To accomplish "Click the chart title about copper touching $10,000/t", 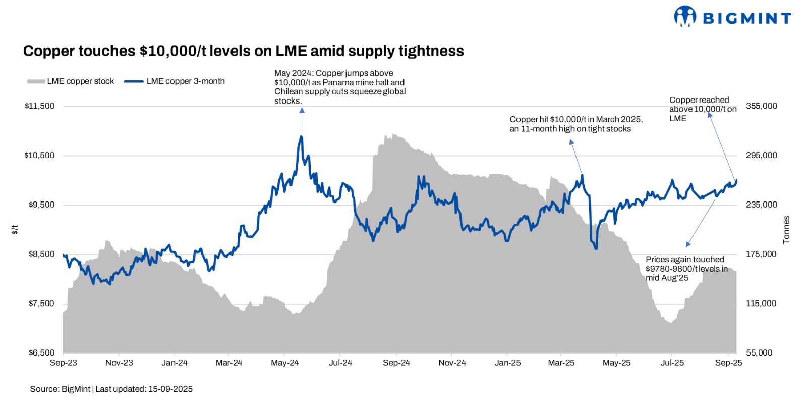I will pyautogui.click(x=243, y=51).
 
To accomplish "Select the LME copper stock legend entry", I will pyautogui.click(x=71, y=81).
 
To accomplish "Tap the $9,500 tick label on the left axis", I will pyautogui.click(x=41, y=205).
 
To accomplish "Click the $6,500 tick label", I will pyautogui.click(x=41, y=353).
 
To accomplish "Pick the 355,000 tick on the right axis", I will pyautogui.click(x=761, y=106).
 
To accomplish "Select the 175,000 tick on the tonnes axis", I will pyautogui.click(x=761, y=254).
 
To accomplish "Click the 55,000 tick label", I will pyautogui.click(x=759, y=353).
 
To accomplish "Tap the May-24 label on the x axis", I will pyautogui.click(x=284, y=363).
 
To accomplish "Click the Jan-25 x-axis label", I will pyautogui.click(x=507, y=363).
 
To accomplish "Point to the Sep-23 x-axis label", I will pyautogui.click(x=64, y=363).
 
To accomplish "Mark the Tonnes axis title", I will pyautogui.click(x=786, y=230).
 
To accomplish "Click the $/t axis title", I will pyautogui.click(x=15, y=230).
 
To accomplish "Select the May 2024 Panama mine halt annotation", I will pyautogui.click(x=339, y=87).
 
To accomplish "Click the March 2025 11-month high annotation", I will pyautogui.click(x=575, y=124).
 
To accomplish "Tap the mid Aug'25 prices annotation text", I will pyautogui.click(x=686, y=269).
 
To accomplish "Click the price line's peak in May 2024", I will pyautogui.click(x=301, y=136).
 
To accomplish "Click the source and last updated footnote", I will pyautogui.click(x=111, y=389).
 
